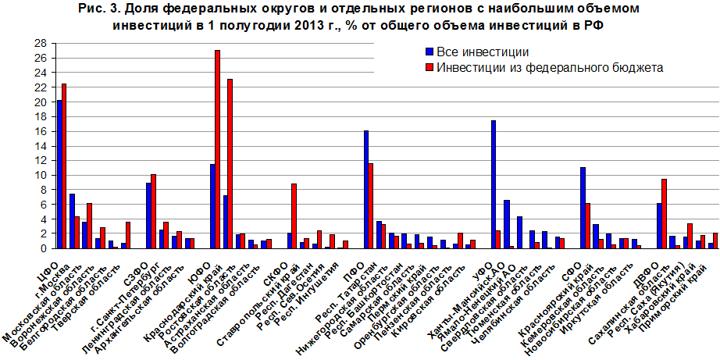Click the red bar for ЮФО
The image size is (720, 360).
[x=217, y=149]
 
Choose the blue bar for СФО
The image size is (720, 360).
[x=583, y=208]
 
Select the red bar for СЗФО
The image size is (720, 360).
[x=154, y=211]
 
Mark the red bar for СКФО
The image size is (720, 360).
[x=294, y=216]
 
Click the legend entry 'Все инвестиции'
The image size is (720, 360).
[x=476, y=53]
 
